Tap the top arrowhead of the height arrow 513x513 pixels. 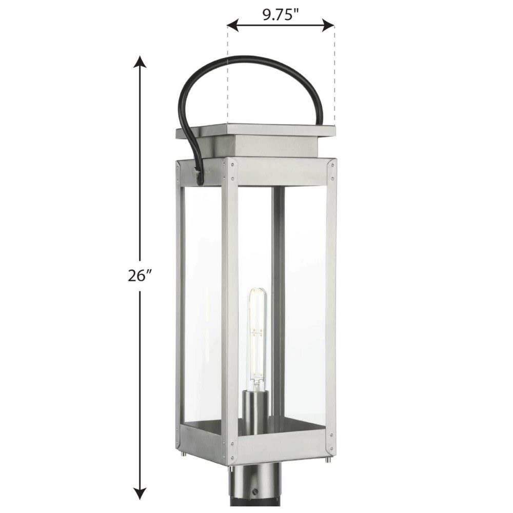click(x=140, y=63)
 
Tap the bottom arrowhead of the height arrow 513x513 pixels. click(x=140, y=492)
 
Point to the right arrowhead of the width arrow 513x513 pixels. click(x=328, y=25)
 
